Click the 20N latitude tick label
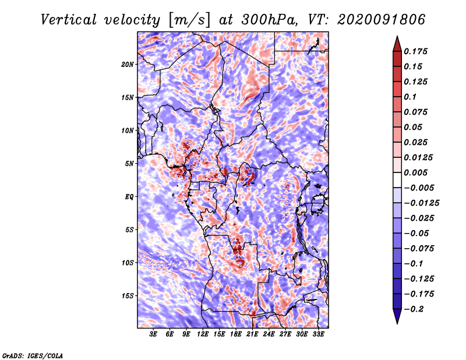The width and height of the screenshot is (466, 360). pyautogui.click(x=128, y=65)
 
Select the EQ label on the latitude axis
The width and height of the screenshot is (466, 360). pyautogui.click(x=129, y=197)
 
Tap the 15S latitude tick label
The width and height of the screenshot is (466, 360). pyautogui.click(x=128, y=296)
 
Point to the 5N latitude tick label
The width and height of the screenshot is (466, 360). pyautogui.click(x=129, y=164)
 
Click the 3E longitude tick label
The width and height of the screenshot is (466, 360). pyautogui.click(x=153, y=334)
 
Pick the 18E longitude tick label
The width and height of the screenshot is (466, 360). pyautogui.click(x=235, y=334)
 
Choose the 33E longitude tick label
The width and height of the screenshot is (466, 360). pyautogui.click(x=318, y=334)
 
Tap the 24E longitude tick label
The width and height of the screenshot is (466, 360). pyautogui.click(x=269, y=334)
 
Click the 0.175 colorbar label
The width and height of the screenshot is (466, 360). pyautogui.click(x=415, y=51)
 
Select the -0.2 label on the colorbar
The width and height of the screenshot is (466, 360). pyautogui.click(x=414, y=309)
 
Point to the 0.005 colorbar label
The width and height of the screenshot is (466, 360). pyautogui.click(x=415, y=172)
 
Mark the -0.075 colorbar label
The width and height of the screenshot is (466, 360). pyautogui.click(x=419, y=249)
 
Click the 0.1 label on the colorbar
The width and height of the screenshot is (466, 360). pyautogui.click(x=410, y=97)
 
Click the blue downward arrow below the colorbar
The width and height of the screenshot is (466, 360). pyautogui.click(x=397, y=316)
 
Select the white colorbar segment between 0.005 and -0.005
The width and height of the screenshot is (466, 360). pyautogui.click(x=397, y=180)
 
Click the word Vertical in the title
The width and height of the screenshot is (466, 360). pyautogui.click(x=69, y=20)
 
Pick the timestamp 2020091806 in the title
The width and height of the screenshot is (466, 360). pyautogui.click(x=382, y=20)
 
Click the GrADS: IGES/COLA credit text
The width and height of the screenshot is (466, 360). pyautogui.click(x=33, y=355)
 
